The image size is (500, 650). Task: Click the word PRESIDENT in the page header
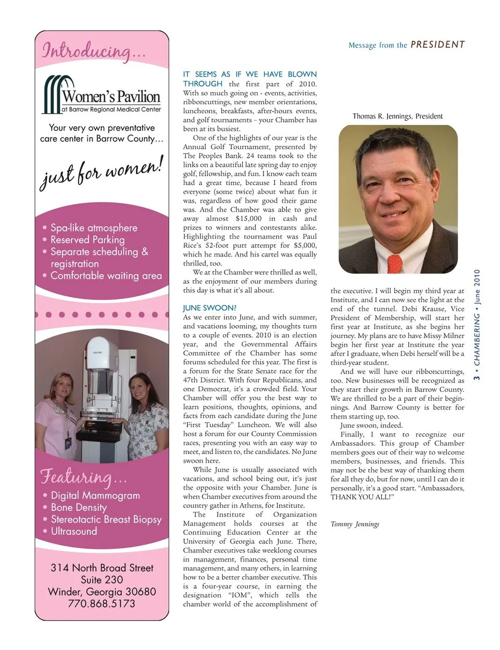[x=438, y=45]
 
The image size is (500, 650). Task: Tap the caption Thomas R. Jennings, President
[x=397, y=116]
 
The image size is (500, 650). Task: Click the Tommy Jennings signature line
[x=355, y=524]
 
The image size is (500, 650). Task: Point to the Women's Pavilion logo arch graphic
[x=56, y=93]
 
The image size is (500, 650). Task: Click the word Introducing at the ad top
[x=86, y=51]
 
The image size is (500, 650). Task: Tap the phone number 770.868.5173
[x=102, y=604]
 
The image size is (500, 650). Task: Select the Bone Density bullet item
[x=79, y=507]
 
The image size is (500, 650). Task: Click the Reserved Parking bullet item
[x=87, y=240]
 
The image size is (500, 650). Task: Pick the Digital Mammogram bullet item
[x=95, y=495]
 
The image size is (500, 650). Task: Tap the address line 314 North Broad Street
[x=102, y=568]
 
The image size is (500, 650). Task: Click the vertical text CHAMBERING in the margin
[x=477, y=339]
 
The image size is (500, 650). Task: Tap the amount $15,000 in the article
[x=248, y=219]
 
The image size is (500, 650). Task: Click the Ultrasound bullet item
[x=74, y=531]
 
